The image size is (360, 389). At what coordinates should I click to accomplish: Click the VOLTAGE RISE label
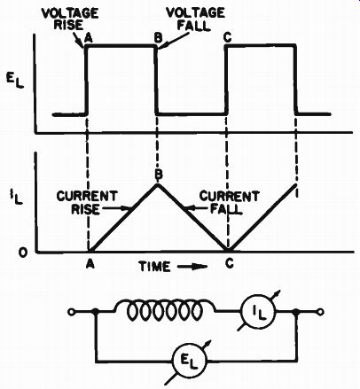(70, 19)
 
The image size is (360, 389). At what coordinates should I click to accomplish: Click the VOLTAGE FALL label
(195, 19)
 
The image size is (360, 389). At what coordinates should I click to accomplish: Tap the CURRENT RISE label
(87, 203)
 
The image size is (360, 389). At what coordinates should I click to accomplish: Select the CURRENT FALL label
(229, 203)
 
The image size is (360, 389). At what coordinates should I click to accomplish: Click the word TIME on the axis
(154, 267)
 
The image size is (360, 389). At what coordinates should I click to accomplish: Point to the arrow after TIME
(192, 267)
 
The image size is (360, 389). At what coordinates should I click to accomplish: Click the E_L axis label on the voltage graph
(15, 81)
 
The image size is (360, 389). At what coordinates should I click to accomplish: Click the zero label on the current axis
(23, 253)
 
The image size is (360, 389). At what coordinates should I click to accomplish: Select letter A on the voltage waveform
(88, 38)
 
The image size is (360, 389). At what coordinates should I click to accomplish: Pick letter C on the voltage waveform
(228, 38)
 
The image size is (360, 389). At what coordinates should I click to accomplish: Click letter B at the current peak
(159, 175)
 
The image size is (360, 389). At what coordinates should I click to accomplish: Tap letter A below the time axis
(90, 263)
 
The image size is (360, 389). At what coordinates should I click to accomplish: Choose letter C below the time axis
(229, 263)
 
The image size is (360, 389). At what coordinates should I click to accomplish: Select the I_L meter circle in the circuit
(258, 312)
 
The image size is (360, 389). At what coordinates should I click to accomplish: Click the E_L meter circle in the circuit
(189, 361)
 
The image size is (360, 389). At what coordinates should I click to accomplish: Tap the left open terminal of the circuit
(71, 312)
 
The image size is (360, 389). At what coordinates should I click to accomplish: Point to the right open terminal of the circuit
(320, 312)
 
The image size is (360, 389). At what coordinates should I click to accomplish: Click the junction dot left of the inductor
(96, 312)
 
